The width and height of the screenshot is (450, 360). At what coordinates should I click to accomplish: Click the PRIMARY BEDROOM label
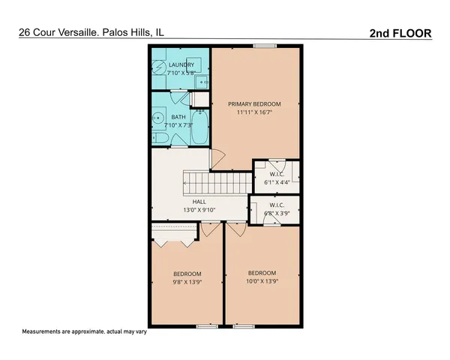tap(255, 103)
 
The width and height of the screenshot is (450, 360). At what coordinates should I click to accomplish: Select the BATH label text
tap(178, 117)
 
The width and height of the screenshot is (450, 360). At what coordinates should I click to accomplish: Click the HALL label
tap(199, 202)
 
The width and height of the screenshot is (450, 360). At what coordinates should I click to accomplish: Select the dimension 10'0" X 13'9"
tap(262, 282)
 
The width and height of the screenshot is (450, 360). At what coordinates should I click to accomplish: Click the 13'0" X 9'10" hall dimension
tap(199, 211)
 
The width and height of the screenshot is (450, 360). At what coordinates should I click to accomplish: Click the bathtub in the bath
tap(200, 128)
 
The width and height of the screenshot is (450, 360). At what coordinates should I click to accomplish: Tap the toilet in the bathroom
tap(159, 139)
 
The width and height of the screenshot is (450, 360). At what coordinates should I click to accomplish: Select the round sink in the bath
tap(159, 118)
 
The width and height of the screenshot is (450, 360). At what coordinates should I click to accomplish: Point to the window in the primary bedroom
tap(263, 46)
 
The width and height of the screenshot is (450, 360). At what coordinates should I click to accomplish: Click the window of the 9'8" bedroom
tap(205, 326)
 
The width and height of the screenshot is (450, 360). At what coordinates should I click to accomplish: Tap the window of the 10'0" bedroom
tap(243, 326)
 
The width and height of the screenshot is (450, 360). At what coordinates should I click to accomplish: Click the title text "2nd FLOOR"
tap(400, 33)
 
